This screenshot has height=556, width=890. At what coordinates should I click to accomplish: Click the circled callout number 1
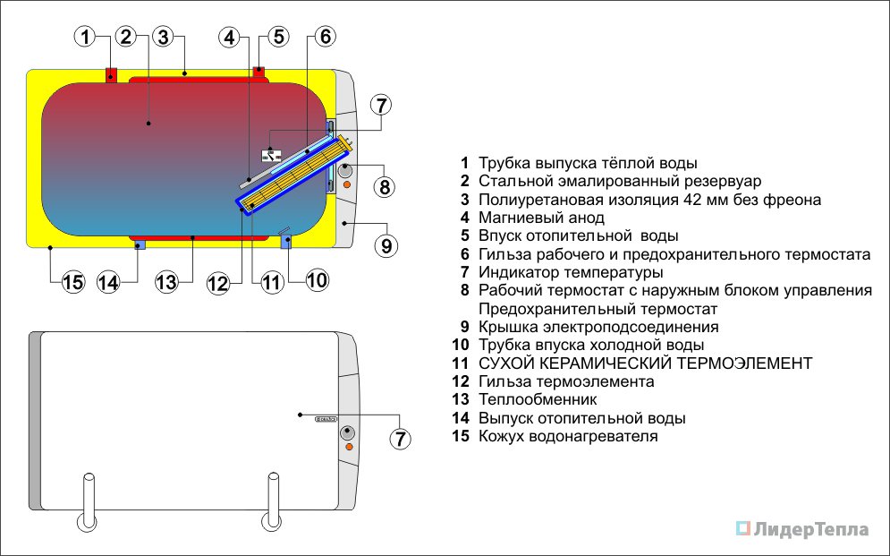[85, 38]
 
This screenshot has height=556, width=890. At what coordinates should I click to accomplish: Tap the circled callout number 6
[325, 38]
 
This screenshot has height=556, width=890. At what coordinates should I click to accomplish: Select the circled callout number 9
[386, 244]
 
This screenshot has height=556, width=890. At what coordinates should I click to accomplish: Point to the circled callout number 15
[72, 283]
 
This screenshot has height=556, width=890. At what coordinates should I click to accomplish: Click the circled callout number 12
[219, 284]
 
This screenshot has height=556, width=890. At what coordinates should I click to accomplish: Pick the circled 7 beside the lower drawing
[400, 439]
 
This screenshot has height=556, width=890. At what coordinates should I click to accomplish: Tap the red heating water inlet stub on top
[259, 70]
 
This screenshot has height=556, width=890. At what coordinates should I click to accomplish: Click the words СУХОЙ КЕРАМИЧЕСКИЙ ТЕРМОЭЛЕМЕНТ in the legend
[645, 364]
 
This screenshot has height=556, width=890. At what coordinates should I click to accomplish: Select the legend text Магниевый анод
[541, 218]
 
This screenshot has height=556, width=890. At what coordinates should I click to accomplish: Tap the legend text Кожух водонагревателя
[568, 437]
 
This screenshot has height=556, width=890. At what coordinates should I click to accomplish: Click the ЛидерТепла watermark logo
[802, 529]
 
